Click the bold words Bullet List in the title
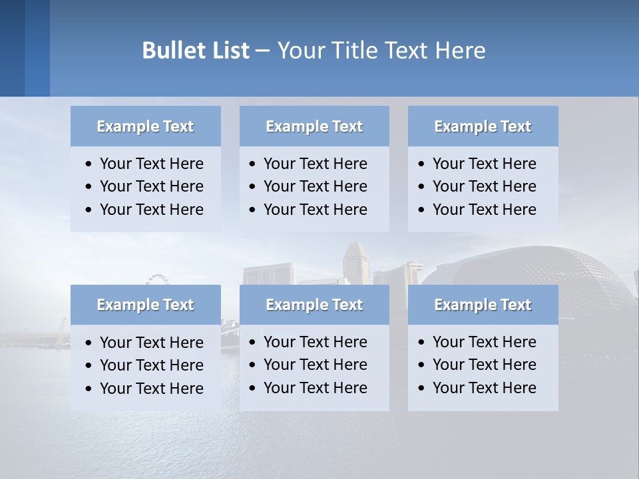click(x=195, y=50)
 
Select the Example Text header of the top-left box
click(x=145, y=126)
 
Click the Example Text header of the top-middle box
click(x=314, y=126)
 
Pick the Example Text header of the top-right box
click(x=483, y=126)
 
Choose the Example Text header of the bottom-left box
click(x=145, y=305)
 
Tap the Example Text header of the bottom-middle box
click(x=314, y=305)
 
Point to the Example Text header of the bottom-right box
click(x=483, y=305)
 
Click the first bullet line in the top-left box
click(x=151, y=164)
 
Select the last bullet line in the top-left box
click(x=151, y=210)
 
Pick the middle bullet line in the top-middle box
click(x=315, y=186)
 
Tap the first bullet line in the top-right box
click(x=484, y=164)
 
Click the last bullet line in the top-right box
click(x=484, y=210)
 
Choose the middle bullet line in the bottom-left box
click(x=151, y=365)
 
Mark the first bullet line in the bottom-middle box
click(x=315, y=342)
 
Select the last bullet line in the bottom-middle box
click(x=315, y=388)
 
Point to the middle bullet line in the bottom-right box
click(x=484, y=365)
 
